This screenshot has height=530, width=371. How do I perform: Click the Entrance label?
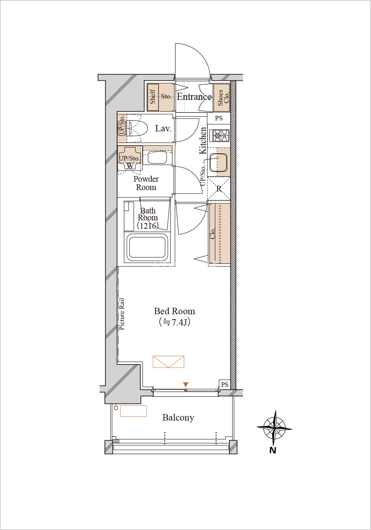(x=194, y=97)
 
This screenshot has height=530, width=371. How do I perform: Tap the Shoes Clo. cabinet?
(x=222, y=98)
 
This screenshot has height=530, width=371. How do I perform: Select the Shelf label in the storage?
(x=153, y=97)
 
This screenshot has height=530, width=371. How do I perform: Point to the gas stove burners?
(x=221, y=136)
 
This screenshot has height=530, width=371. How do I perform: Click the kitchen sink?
(x=218, y=162)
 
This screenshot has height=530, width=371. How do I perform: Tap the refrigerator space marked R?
(x=219, y=189)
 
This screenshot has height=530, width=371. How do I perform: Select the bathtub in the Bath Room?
(x=147, y=247)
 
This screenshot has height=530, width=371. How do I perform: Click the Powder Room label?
(x=146, y=183)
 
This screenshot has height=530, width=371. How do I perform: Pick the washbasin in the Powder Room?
(x=157, y=157)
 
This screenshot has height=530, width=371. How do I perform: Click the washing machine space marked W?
(x=130, y=166)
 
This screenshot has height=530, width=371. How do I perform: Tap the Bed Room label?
(x=175, y=311)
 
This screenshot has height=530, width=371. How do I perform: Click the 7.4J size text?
(x=175, y=322)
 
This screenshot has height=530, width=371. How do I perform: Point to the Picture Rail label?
(x=122, y=314)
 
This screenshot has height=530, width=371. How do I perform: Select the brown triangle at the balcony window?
(x=186, y=385)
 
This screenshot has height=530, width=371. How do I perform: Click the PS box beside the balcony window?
(x=224, y=385)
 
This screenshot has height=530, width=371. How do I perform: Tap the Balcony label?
(x=178, y=418)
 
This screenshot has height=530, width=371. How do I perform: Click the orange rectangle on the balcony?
(x=134, y=411)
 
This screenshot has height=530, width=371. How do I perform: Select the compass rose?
(x=274, y=428)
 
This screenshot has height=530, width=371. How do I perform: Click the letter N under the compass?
(x=273, y=450)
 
